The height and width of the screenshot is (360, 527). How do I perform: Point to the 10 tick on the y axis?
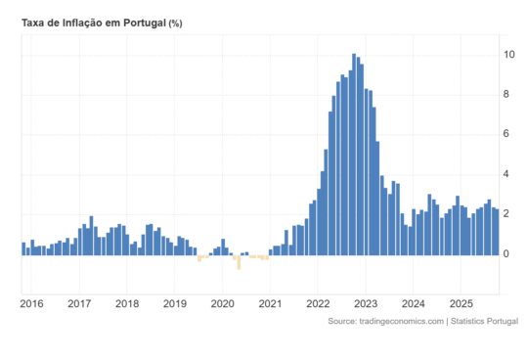[510, 54]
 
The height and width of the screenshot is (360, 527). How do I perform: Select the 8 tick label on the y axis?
[507, 94]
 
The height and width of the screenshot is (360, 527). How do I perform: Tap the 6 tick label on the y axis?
[507, 134]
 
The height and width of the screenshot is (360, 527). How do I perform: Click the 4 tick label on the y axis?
[507, 174]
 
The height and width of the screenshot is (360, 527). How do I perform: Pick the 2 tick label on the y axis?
[507, 214]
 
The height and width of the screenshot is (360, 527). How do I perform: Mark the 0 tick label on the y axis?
[507, 254]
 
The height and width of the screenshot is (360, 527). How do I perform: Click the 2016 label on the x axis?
[31, 303]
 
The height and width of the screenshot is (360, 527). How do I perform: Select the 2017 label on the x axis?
[79, 303]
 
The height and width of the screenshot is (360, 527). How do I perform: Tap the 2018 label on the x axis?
[127, 303]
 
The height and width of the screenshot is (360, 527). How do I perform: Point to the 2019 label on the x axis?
[174, 303]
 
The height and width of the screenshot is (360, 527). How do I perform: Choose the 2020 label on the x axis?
[222, 303]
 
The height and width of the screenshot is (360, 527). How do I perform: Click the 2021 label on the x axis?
[270, 303]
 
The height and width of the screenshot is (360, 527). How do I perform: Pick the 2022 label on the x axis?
[318, 303]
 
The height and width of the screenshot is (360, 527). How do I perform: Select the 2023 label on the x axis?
[366, 303]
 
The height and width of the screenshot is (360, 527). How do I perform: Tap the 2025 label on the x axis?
[461, 303]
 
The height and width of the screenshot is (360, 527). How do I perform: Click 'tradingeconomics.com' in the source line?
[396, 321]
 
